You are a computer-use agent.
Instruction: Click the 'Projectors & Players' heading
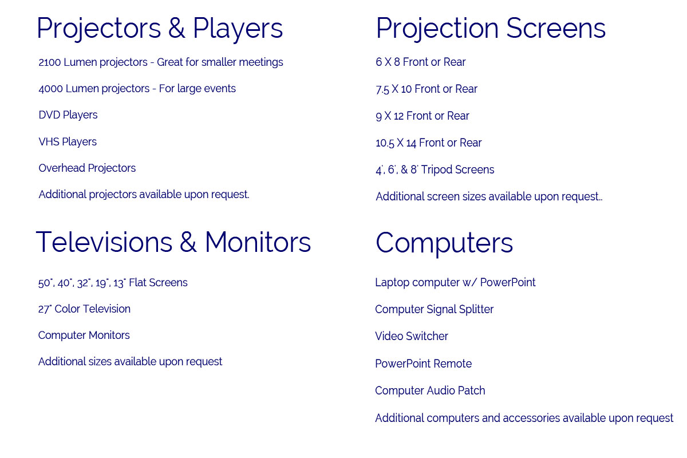tap(160, 29)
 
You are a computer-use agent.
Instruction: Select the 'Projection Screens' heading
tap(491, 29)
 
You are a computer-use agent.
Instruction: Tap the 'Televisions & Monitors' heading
tap(173, 242)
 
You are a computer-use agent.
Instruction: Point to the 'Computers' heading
tap(444, 243)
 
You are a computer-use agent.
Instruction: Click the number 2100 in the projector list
tap(50, 62)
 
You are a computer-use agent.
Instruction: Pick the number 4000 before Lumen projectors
tap(50, 89)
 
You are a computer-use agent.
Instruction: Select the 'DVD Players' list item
tap(68, 115)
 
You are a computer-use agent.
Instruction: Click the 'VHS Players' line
tap(68, 142)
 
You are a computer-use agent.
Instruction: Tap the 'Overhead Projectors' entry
tap(87, 168)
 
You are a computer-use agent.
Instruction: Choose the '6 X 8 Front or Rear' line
tap(420, 62)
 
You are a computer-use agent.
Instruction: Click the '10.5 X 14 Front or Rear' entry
tap(429, 143)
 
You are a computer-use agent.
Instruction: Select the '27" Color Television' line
tap(84, 309)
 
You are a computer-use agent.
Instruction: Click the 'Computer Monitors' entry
tap(84, 335)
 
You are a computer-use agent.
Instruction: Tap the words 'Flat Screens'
tap(158, 283)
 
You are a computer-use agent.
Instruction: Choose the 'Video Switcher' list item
tap(412, 336)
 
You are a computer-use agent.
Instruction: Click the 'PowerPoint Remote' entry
tap(424, 364)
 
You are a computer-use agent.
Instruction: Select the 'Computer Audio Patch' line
tap(431, 391)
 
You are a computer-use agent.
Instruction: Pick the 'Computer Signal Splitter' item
tap(435, 310)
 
